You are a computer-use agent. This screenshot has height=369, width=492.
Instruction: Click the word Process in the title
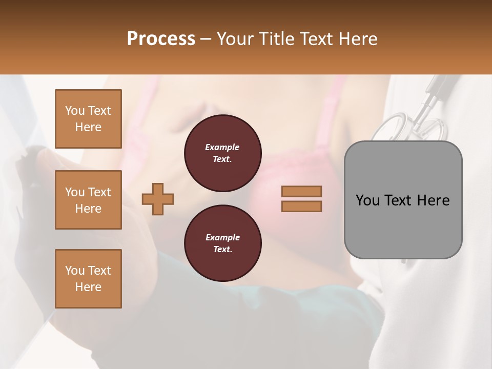coord(161,38)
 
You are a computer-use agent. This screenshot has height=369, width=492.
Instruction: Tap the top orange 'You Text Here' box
coord(88,119)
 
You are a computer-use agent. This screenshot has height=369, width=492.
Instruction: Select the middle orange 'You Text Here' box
coord(88,200)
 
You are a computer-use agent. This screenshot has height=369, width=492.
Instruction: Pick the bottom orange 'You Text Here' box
coord(88,279)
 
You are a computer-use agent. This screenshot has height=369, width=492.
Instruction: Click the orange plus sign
coord(158,199)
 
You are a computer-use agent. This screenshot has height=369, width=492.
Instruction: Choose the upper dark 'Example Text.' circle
coord(222,153)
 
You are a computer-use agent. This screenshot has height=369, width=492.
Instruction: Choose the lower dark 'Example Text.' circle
coord(222,243)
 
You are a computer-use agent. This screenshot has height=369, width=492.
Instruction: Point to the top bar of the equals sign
coord(301,192)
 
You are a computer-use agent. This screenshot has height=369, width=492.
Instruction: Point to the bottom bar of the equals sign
coord(301,206)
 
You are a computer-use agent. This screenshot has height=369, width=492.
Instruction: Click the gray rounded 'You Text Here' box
coord(403,200)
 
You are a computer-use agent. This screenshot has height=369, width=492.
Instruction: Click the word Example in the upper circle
coord(222,147)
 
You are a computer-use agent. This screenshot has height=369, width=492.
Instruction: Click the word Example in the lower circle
coord(222,237)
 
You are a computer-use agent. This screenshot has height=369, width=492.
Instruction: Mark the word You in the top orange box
coord(75,111)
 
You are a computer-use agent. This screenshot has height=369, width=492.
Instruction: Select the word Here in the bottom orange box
coord(88,287)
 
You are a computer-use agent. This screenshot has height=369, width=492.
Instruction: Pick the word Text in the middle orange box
coord(99,192)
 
